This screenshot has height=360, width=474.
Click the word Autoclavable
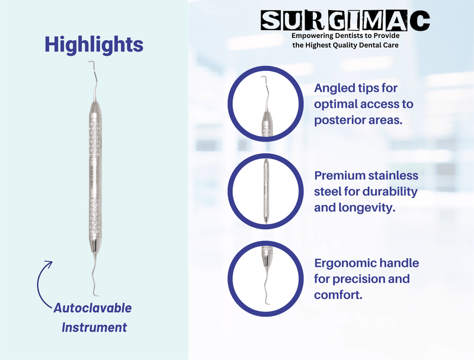click(92, 308)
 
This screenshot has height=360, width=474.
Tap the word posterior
click(342, 120)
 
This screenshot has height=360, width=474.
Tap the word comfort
click(339, 294)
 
